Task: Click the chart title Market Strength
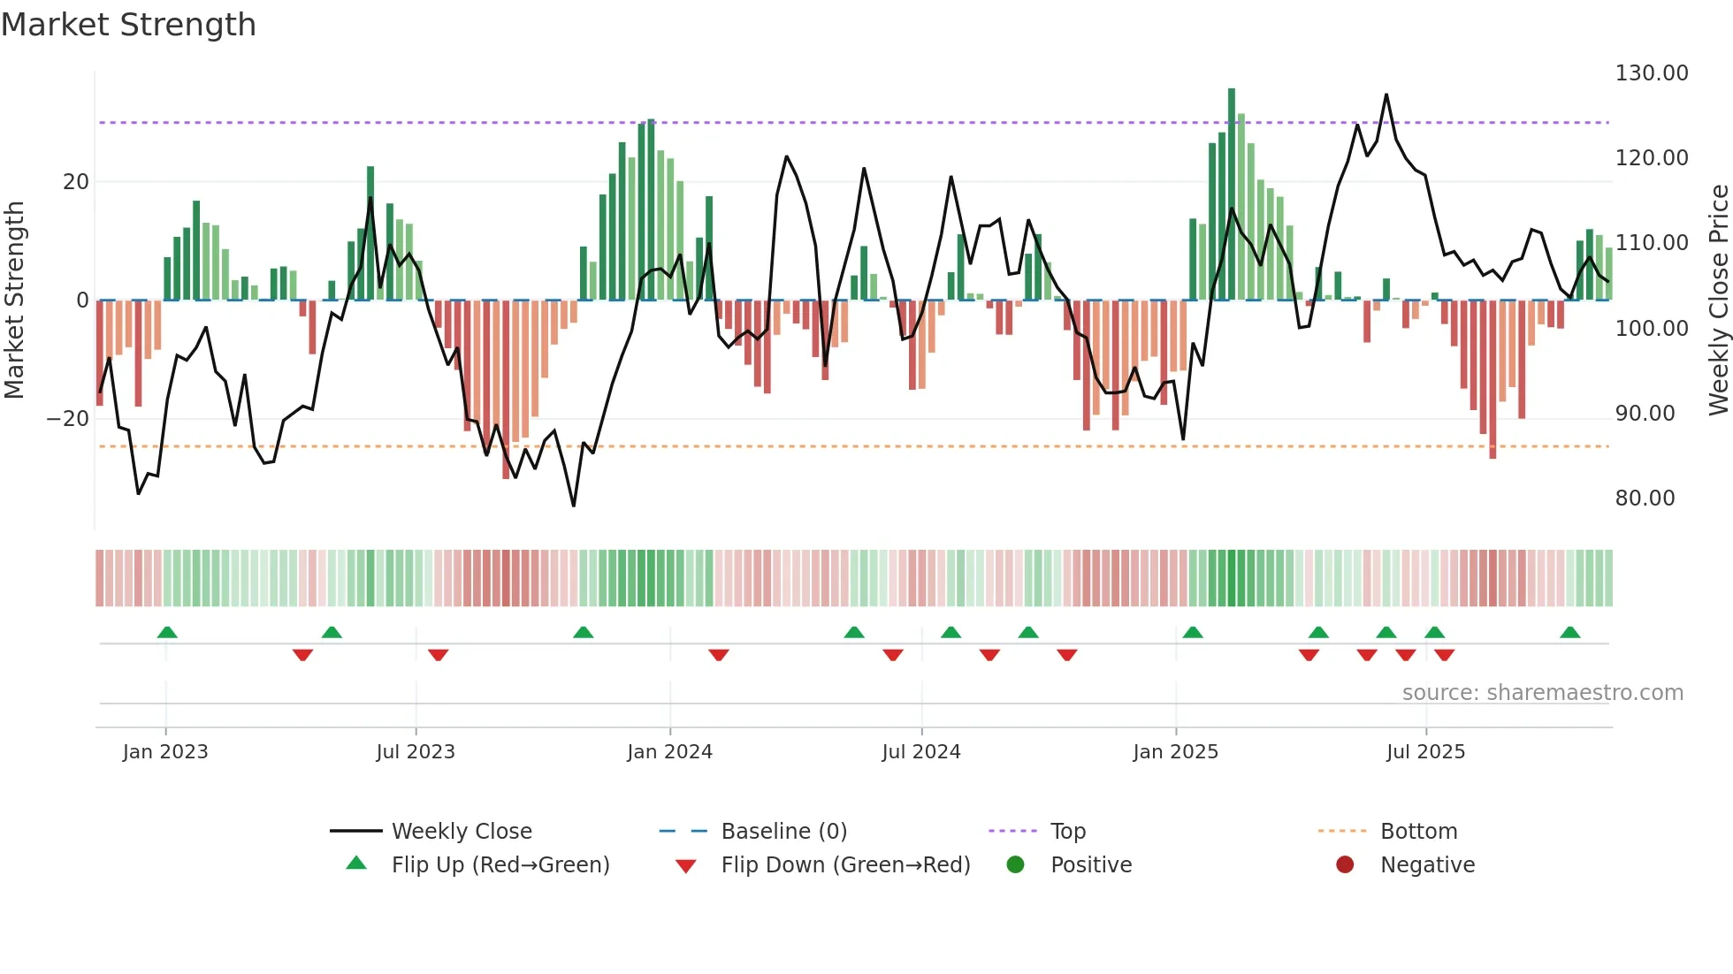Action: coord(128,25)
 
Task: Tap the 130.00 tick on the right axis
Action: coord(1651,73)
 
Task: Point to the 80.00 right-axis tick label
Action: coord(1645,498)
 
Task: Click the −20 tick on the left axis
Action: coord(68,419)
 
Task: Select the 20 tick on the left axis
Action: coord(76,182)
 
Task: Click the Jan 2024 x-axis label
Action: coord(669,752)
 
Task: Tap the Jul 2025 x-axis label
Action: coord(1425,752)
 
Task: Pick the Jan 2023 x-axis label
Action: coord(165,752)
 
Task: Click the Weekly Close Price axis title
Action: coord(1718,300)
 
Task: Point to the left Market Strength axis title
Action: coord(14,300)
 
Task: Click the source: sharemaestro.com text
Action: coord(1542,693)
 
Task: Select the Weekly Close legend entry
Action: coord(461,832)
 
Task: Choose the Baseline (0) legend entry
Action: coord(783,832)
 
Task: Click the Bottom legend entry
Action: coord(1418,832)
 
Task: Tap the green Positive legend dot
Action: coord(1015,865)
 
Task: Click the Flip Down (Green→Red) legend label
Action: coord(844,865)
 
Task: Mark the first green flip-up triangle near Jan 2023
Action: coord(167,632)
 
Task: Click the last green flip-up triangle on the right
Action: coord(1569,632)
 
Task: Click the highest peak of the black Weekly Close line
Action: coord(1386,95)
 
